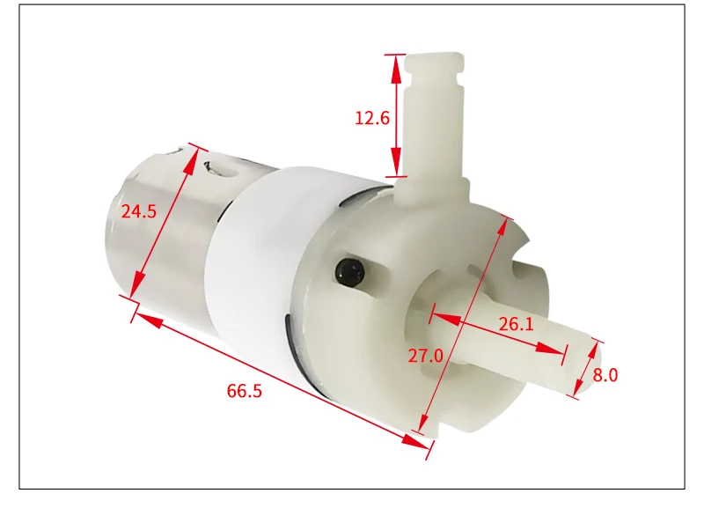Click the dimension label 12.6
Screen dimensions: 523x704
click(x=371, y=117)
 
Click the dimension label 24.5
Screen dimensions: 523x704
click(x=139, y=211)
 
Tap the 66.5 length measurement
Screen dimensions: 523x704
click(x=245, y=391)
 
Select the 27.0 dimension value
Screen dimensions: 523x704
click(x=425, y=356)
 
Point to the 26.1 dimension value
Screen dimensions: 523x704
click(x=517, y=324)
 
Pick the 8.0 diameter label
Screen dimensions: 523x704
click(x=605, y=375)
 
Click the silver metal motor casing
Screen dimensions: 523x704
click(x=158, y=220)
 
